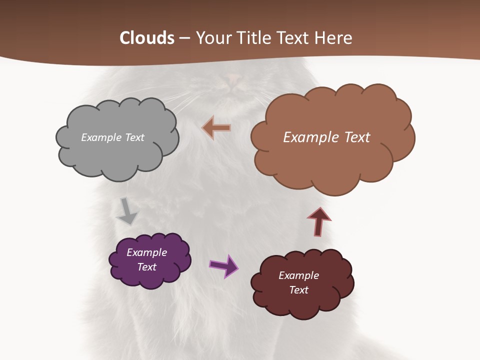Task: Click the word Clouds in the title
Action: click(x=147, y=38)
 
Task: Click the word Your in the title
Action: click(x=213, y=38)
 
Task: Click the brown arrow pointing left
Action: click(x=216, y=128)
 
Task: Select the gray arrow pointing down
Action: click(x=126, y=211)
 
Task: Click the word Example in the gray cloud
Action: click(x=100, y=137)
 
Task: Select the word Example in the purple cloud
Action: click(x=146, y=252)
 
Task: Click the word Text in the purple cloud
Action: click(x=146, y=267)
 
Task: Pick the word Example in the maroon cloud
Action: click(x=298, y=275)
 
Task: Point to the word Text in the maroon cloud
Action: click(x=298, y=290)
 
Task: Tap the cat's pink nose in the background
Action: click(x=233, y=77)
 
